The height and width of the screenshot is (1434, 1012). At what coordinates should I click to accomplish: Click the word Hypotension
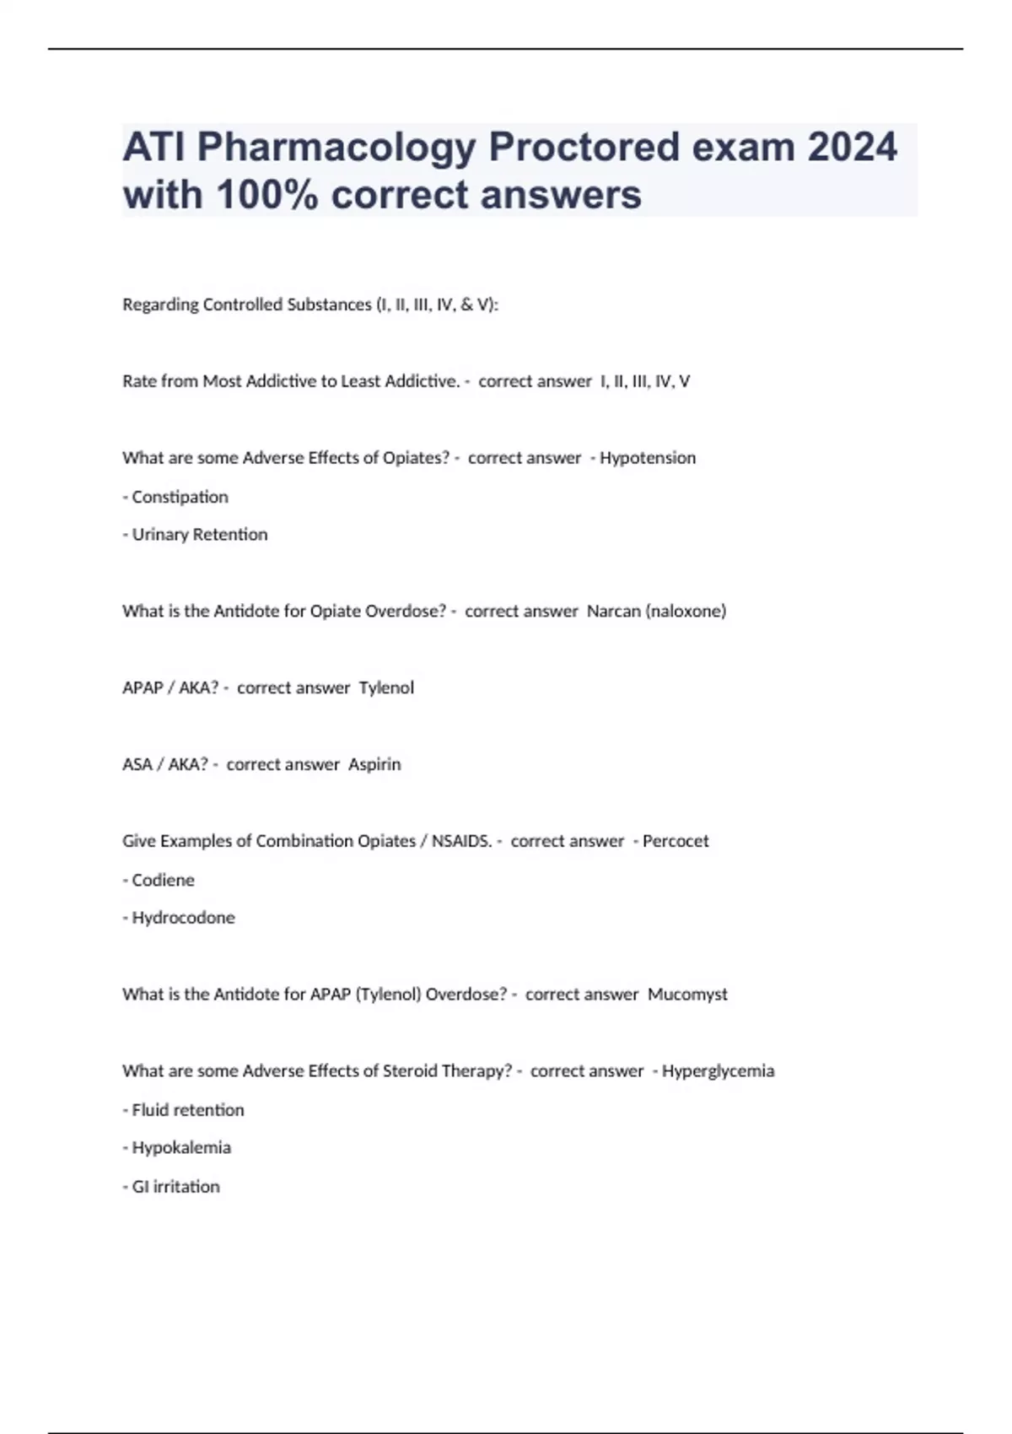pyautogui.click(x=648, y=458)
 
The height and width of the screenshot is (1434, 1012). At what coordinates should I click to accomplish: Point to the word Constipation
pyautogui.click(x=180, y=497)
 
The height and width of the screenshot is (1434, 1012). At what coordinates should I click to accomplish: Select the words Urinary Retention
pyautogui.click(x=200, y=535)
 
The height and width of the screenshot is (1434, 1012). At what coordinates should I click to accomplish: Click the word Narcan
pyautogui.click(x=613, y=612)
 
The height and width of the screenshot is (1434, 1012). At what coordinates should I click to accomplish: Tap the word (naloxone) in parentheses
pyautogui.click(x=686, y=612)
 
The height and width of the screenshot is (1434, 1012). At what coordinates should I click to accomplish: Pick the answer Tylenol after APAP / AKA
pyautogui.click(x=386, y=688)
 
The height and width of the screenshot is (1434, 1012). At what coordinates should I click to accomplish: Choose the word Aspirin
pyautogui.click(x=374, y=765)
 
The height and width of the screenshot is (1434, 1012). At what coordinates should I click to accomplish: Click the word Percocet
pyautogui.click(x=676, y=841)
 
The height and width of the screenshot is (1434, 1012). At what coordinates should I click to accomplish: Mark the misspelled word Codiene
pyautogui.click(x=163, y=880)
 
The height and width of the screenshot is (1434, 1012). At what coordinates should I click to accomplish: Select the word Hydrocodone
pyautogui.click(x=183, y=918)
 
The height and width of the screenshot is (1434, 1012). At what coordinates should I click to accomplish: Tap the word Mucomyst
pyautogui.click(x=687, y=995)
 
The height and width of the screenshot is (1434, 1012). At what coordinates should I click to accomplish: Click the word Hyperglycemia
pyautogui.click(x=718, y=1071)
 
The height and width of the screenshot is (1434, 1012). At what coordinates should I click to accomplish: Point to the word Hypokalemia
pyautogui.click(x=181, y=1148)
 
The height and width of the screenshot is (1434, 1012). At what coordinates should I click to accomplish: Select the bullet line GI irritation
pyautogui.click(x=175, y=1187)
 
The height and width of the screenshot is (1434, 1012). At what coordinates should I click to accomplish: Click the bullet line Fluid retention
pyautogui.click(x=188, y=1110)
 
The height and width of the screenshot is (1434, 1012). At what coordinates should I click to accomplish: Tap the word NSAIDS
pyautogui.click(x=462, y=841)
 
